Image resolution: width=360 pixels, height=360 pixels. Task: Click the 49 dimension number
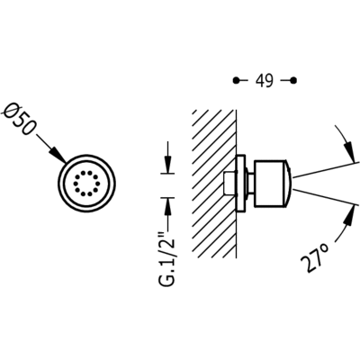coord(265,80)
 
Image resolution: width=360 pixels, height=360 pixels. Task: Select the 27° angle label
coord(315,257)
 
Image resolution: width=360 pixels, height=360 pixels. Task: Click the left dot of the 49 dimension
coord(237,80)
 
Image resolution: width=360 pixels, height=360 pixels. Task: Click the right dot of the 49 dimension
coord(294,80)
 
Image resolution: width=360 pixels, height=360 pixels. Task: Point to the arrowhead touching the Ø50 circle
coord(58,156)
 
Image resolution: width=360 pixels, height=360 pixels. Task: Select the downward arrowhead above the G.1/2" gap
coord(168,165)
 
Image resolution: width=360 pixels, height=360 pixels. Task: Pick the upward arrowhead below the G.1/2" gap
coord(168,206)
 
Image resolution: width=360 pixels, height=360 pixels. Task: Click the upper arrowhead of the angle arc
coord(349,151)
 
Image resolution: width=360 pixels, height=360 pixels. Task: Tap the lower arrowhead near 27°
coord(348,217)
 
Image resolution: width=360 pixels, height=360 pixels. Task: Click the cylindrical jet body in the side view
coord(269,184)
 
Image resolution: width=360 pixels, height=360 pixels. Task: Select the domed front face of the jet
coord(288,184)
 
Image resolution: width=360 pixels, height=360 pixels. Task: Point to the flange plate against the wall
coord(241,184)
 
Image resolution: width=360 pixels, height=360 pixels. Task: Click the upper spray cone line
coord(326,170)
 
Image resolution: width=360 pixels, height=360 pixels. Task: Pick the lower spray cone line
coord(326,197)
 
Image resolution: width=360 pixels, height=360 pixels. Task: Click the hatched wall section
coord(214,184)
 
